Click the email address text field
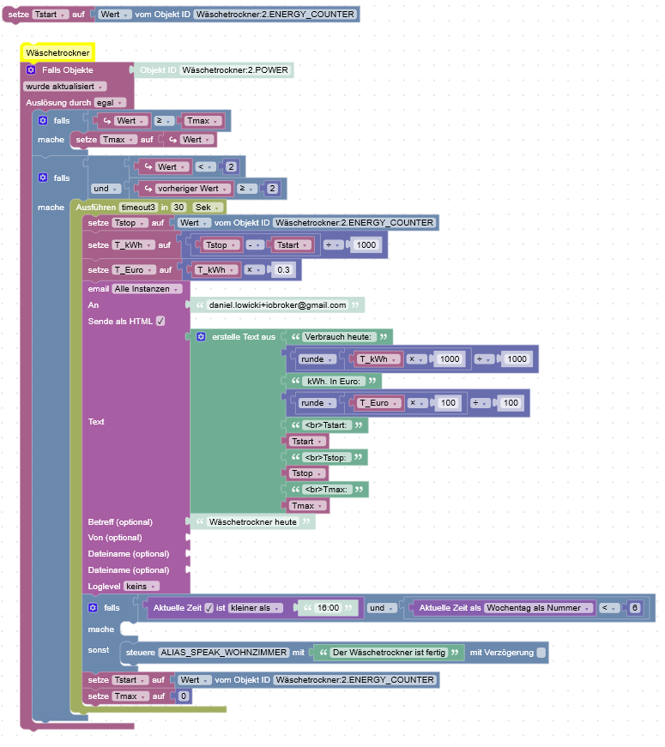(x=277, y=304)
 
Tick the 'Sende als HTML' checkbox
(x=160, y=321)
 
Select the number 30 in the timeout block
(x=178, y=207)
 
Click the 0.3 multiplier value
(x=282, y=269)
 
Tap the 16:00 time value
(x=327, y=608)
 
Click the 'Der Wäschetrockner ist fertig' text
(x=389, y=653)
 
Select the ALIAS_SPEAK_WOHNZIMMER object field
(x=223, y=653)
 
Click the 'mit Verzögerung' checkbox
(x=541, y=653)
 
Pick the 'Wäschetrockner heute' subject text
(x=252, y=521)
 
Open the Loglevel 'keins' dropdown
(x=141, y=586)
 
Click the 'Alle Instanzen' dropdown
(x=148, y=289)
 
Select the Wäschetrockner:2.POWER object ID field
(x=235, y=69)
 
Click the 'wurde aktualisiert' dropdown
(x=64, y=86)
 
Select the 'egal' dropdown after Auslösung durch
(x=109, y=102)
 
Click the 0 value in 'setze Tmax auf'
(x=183, y=696)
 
